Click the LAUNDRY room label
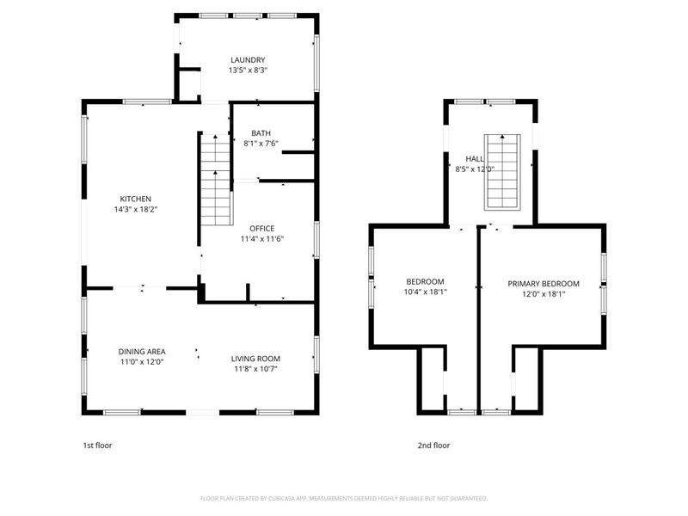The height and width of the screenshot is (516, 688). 247,59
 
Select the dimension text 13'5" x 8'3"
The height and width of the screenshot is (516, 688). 247,71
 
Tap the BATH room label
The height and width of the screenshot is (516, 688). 261,132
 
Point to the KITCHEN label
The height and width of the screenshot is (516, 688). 135,199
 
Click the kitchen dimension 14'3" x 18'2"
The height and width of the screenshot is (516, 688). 135,209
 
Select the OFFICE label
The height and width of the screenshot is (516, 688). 262,228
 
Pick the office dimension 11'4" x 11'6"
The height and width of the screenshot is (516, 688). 262,238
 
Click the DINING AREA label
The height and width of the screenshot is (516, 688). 141,351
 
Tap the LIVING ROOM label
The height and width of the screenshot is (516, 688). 255,359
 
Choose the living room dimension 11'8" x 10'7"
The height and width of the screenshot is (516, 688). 255,369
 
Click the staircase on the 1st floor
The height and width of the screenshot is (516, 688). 217,181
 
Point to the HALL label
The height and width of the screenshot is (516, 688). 474,159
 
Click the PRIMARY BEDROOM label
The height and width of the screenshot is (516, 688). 543,284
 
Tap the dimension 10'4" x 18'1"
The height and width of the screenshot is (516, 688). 425,292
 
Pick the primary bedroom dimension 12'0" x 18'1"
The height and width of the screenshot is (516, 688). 543,293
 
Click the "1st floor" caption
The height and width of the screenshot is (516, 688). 96,445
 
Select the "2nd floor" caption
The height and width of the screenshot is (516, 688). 434,445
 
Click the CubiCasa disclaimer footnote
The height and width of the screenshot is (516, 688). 344,498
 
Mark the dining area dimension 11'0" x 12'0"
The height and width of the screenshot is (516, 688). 141,362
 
